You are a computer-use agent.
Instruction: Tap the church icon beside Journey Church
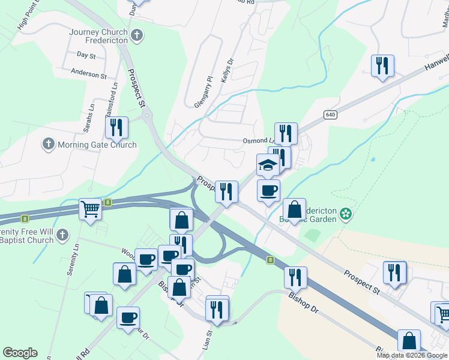[137, 35]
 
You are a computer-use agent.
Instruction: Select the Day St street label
[86, 55]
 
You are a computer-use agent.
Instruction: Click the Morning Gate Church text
[97, 145]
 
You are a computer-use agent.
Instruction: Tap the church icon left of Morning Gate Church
[49, 144]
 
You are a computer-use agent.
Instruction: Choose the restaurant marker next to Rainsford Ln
[116, 127]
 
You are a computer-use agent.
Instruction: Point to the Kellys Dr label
[227, 71]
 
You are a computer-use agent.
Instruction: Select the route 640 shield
[330, 115]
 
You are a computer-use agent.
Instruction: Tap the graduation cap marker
[268, 164]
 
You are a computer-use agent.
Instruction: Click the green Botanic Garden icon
[345, 213]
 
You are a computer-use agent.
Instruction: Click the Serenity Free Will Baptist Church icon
[64, 236]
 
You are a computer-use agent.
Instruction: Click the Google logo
[20, 353]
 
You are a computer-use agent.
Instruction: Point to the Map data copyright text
[412, 355]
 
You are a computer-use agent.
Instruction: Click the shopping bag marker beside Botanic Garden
[294, 209]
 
